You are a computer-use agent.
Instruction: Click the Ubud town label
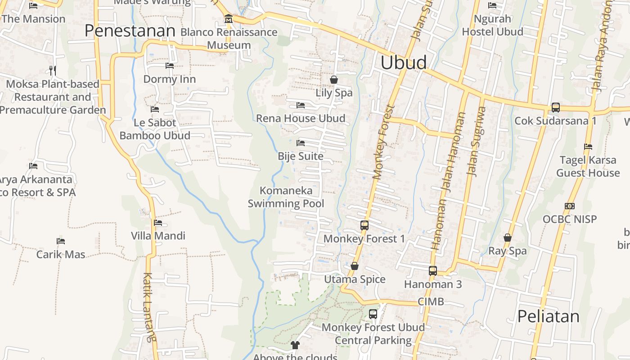(404, 63)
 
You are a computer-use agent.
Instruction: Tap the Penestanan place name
(130, 31)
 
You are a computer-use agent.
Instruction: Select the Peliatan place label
(548, 316)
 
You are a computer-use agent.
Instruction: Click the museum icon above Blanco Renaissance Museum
(229, 19)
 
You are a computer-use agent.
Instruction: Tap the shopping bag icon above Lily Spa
(334, 80)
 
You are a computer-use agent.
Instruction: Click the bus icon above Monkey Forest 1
(364, 225)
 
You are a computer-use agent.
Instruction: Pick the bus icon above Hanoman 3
(433, 270)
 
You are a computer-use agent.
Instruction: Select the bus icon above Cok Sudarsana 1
(556, 108)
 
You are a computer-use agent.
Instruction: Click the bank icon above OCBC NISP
(570, 206)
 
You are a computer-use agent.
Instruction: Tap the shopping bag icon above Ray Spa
(508, 238)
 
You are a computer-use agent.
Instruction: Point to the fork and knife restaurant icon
(53, 70)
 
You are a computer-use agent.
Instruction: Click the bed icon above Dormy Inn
(170, 66)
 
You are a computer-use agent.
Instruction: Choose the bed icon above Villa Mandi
(158, 222)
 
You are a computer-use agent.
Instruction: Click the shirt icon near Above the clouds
(295, 345)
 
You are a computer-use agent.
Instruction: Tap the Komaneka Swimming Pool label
(286, 197)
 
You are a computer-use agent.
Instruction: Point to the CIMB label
(431, 301)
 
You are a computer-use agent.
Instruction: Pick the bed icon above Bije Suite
(301, 143)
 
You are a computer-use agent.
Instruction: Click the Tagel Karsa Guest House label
(588, 166)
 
